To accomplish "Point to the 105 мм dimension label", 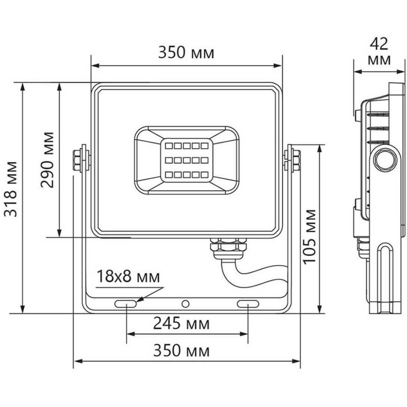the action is pos(310,236).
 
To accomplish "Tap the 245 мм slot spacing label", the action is pos(181,324).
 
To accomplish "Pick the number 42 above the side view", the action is pos(379,43).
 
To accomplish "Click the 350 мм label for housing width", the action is pos(186,53).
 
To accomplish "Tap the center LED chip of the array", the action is pos(186,160).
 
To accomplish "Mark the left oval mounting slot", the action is pos(126,303).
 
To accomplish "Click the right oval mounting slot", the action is pos(248,303).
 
